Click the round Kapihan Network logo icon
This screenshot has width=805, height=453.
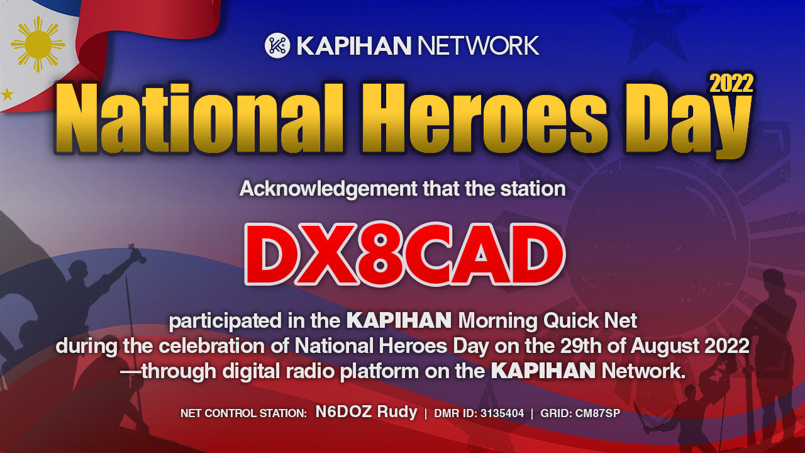(277, 45)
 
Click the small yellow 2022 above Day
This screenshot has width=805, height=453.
(731, 84)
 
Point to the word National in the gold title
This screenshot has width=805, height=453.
(199, 118)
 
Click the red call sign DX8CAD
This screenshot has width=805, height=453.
(404, 254)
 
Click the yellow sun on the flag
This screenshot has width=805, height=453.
(38, 45)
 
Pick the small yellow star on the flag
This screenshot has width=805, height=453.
(7, 94)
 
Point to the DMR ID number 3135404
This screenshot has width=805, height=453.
(502, 413)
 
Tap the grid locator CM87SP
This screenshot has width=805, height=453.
(597, 413)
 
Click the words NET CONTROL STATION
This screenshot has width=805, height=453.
(243, 413)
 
